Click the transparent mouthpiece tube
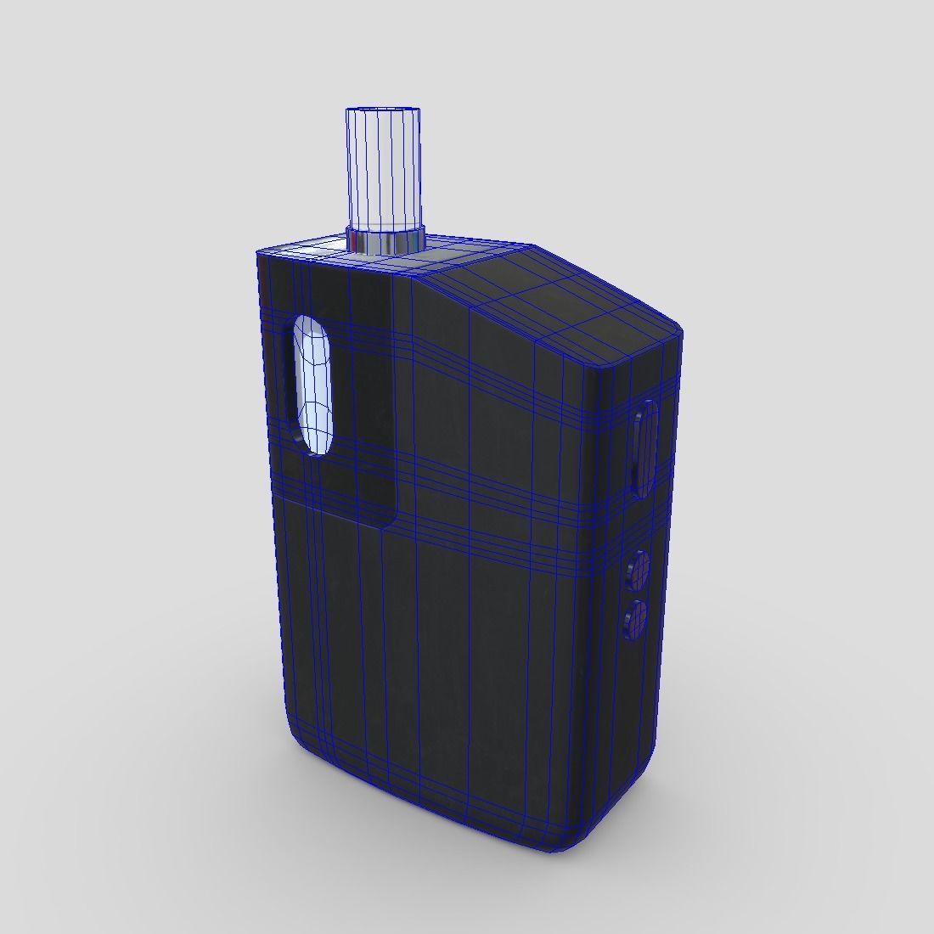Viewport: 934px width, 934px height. click(x=383, y=170)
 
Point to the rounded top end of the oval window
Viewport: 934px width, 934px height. click(x=311, y=327)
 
